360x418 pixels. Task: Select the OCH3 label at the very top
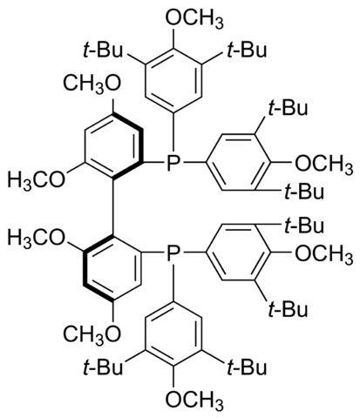click(194, 18)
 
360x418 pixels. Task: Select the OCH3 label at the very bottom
click(194, 398)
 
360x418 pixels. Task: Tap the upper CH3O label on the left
click(92, 83)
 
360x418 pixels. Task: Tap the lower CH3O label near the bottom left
click(92, 334)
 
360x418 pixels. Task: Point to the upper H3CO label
click(37, 179)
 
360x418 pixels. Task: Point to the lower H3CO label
click(37, 238)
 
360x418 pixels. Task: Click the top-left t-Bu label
click(103, 50)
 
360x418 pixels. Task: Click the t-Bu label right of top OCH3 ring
click(247, 50)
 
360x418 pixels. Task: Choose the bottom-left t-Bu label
click(103, 367)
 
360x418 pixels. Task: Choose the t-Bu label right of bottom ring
click(247, 367)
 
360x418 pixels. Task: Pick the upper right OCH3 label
click(324, 164)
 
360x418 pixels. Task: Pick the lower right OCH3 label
click(324, 253)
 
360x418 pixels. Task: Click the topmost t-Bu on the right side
click(288, 108)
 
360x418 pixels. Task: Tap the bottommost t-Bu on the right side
click(288, 309)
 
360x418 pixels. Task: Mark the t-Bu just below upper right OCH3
click(303, 192)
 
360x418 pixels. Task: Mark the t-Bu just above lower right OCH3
click(303, 226)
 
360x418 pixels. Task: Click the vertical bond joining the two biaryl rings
click(113, 207)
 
